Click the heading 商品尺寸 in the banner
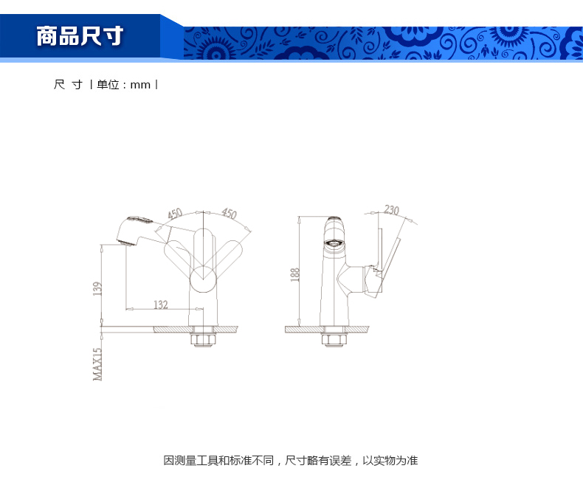tap(80, 36)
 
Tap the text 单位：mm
tap(123, 85)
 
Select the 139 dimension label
tap(97, 288)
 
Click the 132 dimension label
tap(161, 304)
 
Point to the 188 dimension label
tap(294, 274)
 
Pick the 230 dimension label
tap(391, 210)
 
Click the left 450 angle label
tap(175, 214)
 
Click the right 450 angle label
tap(229, 213)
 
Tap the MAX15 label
tap(97, 364)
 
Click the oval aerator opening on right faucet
tap(334, 243)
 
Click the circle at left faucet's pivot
tap(203, 279)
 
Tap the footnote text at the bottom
tap(291, 461)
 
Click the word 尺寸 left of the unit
tap(68, 85)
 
